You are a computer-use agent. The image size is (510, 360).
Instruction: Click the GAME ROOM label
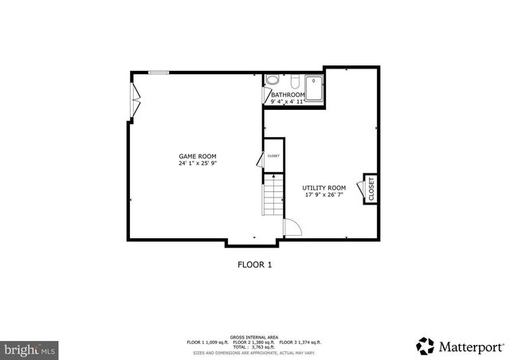point(198,156)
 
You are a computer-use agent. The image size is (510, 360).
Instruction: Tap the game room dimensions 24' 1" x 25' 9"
point(198,163)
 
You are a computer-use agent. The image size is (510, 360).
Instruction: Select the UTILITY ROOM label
point(324,187)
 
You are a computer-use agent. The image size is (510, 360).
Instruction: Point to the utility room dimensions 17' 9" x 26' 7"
point(324,194)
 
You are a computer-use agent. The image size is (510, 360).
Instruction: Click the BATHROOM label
point(288,95)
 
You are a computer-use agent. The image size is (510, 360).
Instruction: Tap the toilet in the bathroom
point(273,80)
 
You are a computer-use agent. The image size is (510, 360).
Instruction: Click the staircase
point(273,195)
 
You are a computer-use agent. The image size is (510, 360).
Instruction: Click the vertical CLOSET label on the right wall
point(371,188)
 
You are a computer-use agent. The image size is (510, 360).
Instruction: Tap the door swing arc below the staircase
point(292,226)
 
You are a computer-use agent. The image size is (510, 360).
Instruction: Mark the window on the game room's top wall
point(158,72)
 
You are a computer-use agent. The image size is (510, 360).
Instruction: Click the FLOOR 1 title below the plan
point(254,264)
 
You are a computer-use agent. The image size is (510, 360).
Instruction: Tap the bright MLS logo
point(30,349)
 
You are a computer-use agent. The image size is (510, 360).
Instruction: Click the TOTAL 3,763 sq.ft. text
point(254,346)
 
